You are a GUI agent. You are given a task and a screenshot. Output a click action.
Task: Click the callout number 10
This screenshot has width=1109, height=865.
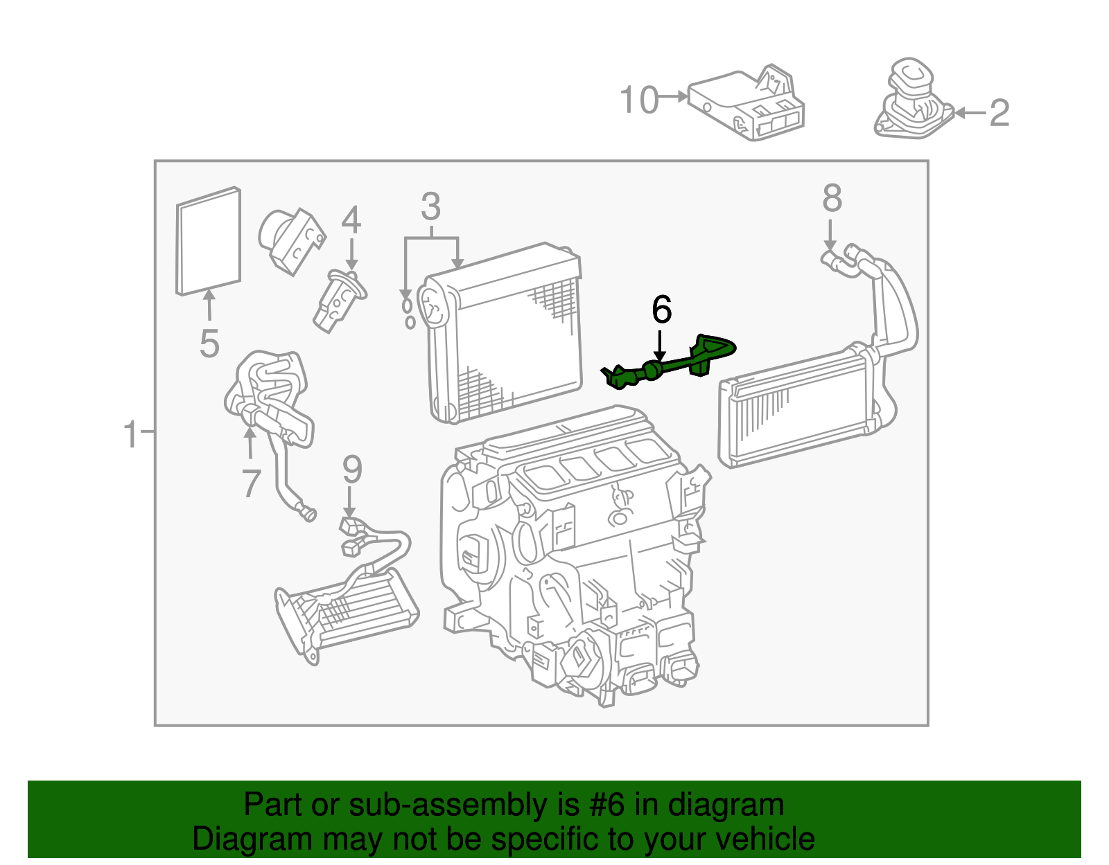[x=638, y=100]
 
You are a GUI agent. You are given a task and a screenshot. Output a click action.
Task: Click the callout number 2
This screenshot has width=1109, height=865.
[x=999, y=113]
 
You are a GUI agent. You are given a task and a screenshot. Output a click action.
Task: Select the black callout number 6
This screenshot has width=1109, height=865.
[x=661, y=310]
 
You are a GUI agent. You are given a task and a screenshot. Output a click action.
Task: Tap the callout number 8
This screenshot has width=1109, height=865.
[x=832, y=198]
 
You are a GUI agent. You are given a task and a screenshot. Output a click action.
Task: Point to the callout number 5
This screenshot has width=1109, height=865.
[x=209, y=344]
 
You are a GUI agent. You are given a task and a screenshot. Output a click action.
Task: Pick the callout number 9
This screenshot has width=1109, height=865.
[x=352, y=470]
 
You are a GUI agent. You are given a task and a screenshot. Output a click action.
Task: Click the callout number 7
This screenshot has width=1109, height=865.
[x=251, y=483]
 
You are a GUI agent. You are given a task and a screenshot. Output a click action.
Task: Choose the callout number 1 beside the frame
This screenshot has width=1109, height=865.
[x=130, y=435]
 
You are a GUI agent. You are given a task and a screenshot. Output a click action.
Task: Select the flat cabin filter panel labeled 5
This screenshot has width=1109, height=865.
[x=208, y=241]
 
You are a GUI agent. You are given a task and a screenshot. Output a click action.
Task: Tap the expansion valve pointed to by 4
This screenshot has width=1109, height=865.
[x=338, y=301]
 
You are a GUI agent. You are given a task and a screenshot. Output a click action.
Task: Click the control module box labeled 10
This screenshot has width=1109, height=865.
[x=745, y=105]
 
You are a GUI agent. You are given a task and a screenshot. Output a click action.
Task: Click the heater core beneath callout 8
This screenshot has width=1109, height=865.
[x=797, y=409]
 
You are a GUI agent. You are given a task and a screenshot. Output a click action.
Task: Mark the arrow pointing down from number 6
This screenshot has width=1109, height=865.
[x=661, y=346]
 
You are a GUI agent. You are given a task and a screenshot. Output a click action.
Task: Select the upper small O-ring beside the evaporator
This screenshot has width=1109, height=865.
[x=407, y=305]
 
